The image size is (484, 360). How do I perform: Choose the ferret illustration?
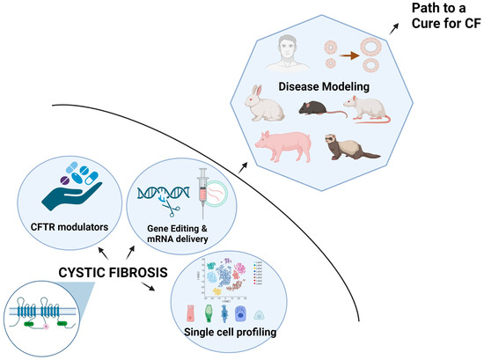(x=352, y=147)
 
